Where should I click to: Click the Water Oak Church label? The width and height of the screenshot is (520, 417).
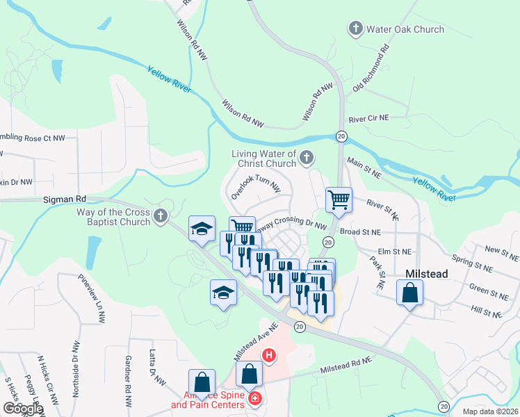404,29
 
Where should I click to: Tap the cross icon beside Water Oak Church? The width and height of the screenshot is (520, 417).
355,29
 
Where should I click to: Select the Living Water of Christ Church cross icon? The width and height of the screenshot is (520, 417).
306,158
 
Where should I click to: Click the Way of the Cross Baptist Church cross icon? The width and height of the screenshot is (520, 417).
161,217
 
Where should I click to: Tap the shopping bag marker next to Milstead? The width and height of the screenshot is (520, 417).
409,293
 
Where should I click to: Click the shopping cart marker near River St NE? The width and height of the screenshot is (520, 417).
339,200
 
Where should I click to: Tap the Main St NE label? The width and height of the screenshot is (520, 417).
364,167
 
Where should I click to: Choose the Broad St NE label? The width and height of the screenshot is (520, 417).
361,232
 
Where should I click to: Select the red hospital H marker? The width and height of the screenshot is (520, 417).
269,357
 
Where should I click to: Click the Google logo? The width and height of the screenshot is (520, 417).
23,408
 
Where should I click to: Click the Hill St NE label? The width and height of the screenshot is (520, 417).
486,310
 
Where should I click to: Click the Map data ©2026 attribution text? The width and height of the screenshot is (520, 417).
490,411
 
